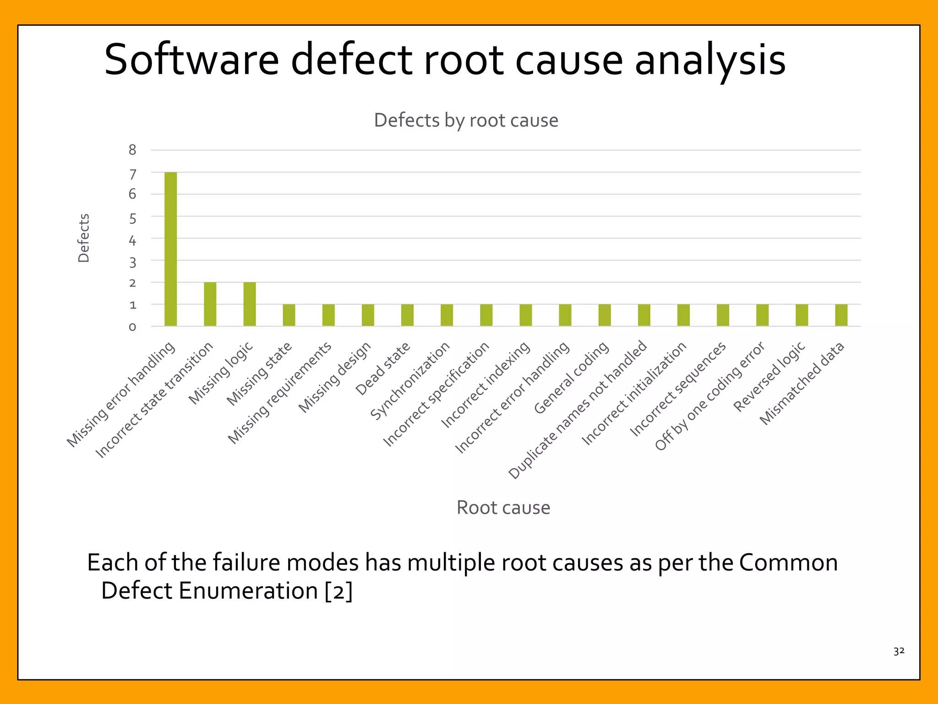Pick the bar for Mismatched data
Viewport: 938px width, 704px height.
pos(841,315)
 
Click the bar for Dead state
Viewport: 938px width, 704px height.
pos(407,315)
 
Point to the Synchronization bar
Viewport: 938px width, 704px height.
pos(447,315)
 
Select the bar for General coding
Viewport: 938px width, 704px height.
pos(604,315)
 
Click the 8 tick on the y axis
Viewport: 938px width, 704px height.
pos(132,150)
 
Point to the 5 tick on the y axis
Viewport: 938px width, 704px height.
pos(132,219)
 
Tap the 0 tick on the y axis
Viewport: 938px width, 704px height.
pos(132,327)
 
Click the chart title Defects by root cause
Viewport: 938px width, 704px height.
pos(466,121)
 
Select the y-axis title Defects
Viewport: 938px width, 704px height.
pos(83,238)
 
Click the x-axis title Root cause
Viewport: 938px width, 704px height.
pos(503,507)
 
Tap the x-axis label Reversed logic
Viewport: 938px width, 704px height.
pos(769,377)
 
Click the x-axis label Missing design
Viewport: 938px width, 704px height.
pos(335,377)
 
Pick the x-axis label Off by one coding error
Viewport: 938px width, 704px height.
pos(710,396)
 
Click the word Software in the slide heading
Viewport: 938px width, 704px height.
pos(191,60)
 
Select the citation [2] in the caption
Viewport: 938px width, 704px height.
pos(338,590)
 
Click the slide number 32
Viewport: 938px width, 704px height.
pos(899,651)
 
